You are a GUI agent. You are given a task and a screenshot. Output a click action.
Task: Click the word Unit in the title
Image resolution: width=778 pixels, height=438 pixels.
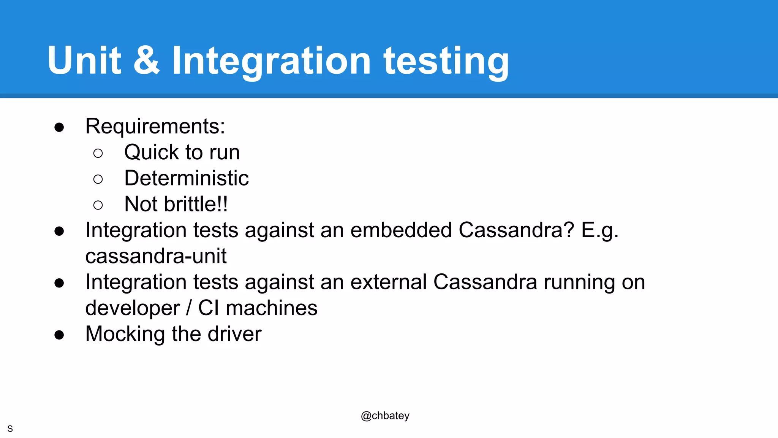[x=84, y=61]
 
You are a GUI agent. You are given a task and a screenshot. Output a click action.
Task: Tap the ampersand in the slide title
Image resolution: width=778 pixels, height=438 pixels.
[x=147, y=61]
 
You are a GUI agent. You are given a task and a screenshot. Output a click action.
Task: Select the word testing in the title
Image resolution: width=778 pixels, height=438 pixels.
[x=446, y=62]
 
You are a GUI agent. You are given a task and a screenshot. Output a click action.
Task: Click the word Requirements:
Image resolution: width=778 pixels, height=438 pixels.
[x=155, y=127]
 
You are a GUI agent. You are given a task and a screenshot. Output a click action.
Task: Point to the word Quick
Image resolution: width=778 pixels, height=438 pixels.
[x=151, y=152]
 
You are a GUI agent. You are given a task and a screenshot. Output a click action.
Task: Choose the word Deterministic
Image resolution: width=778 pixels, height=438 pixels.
[x=186, y=178]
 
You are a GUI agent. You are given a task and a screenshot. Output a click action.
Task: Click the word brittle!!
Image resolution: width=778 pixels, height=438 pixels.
[x=196, y=204]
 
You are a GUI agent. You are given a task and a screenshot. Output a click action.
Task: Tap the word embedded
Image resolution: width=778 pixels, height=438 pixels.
[x=401, y=230]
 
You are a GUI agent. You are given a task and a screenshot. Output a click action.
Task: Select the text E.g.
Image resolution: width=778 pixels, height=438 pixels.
[x=599, y=230]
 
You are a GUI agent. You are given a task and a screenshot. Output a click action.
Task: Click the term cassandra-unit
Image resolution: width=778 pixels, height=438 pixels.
[x=156, y=256]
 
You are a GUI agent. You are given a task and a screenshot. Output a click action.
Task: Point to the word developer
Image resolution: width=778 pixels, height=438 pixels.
[x=132, y=308]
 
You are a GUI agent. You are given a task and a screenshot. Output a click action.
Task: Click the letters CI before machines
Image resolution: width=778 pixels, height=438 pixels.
[x=209, y=308]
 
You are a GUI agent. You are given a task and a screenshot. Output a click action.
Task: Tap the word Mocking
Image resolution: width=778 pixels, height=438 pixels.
[x=125, y=334]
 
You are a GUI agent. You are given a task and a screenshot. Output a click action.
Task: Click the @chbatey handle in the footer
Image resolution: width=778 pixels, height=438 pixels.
[x=385, y=416]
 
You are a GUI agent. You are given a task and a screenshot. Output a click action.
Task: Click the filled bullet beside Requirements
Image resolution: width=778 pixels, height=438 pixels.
[x=59, y=127]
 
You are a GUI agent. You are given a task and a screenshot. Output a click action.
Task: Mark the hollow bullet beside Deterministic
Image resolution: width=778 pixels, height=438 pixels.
[x=98, y=179]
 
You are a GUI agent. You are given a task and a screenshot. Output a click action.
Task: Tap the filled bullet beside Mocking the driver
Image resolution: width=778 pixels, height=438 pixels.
[x=59, y=335]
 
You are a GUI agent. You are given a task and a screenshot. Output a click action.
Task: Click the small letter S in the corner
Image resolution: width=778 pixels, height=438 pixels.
[x=10, y=429]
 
